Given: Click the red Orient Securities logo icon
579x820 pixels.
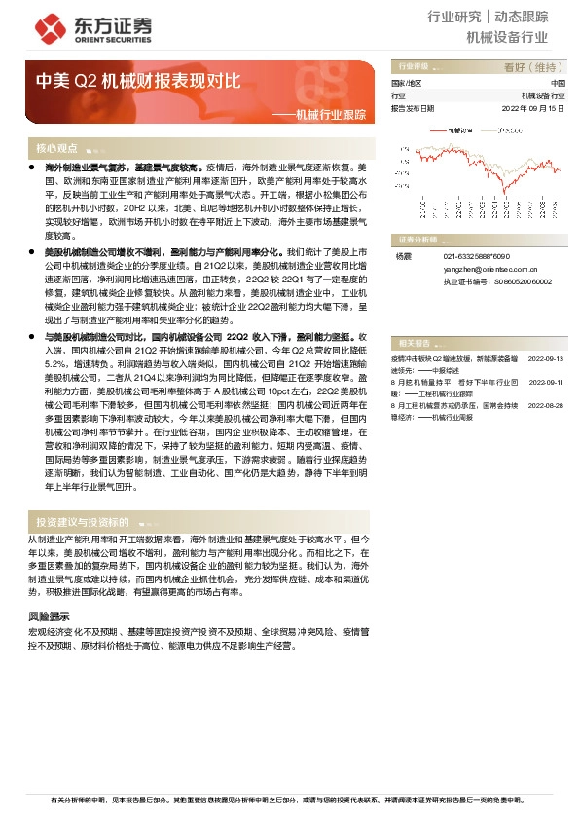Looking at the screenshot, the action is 45,26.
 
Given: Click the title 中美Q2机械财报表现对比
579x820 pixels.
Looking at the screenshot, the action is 137,81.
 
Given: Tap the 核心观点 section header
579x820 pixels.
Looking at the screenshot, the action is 56,149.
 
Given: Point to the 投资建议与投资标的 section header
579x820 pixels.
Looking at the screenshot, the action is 82,522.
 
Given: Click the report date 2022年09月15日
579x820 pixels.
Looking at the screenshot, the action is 532,108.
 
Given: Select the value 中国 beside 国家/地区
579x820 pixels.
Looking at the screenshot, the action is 556,84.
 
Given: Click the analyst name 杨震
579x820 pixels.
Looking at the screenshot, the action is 404,256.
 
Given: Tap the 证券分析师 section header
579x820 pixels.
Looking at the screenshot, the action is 419,239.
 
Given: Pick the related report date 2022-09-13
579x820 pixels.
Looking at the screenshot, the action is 546,359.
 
